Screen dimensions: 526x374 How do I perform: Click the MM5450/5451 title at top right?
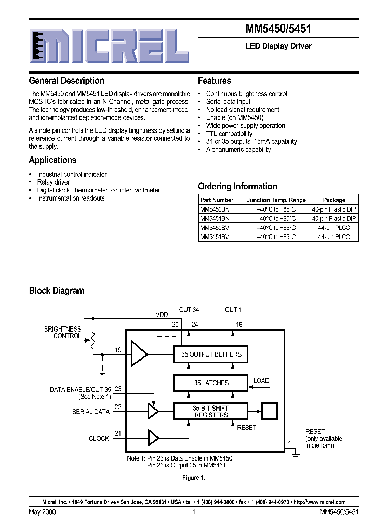278,30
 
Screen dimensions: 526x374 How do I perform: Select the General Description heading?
66,81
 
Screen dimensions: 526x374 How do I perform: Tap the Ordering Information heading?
237,186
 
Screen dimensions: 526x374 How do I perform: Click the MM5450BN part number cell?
215,209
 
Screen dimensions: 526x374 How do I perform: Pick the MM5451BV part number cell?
215,236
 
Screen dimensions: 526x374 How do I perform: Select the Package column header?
334,200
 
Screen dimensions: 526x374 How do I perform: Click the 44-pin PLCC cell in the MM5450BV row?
334,228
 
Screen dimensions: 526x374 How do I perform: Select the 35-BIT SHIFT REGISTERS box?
211,412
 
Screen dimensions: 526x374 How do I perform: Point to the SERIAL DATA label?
90,412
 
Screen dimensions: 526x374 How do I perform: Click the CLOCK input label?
99,438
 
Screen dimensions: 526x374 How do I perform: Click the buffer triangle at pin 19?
139,354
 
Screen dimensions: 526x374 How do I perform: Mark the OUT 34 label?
189,310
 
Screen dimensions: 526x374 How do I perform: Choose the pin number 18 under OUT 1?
239,325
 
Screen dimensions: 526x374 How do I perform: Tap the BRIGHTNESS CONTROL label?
63,333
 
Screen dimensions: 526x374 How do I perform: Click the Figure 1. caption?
194,478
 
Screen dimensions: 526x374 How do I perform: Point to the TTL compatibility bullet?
229,134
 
